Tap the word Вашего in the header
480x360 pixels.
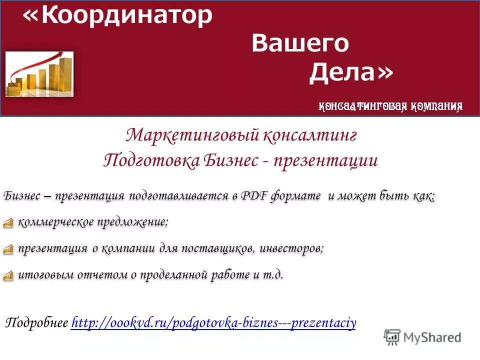tap(300, 43)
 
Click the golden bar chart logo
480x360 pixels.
tap(39, 74)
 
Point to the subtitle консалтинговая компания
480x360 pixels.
tap(390, 105)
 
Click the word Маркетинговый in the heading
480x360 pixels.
tap(192, 135)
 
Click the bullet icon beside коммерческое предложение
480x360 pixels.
tap(8, 223)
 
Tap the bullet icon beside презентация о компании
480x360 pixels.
tap(8, 249)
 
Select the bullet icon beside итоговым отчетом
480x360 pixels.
tap(8, 275)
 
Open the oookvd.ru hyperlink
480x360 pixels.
tap(213, 323)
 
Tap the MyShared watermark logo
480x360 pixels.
tap(422, 336)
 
